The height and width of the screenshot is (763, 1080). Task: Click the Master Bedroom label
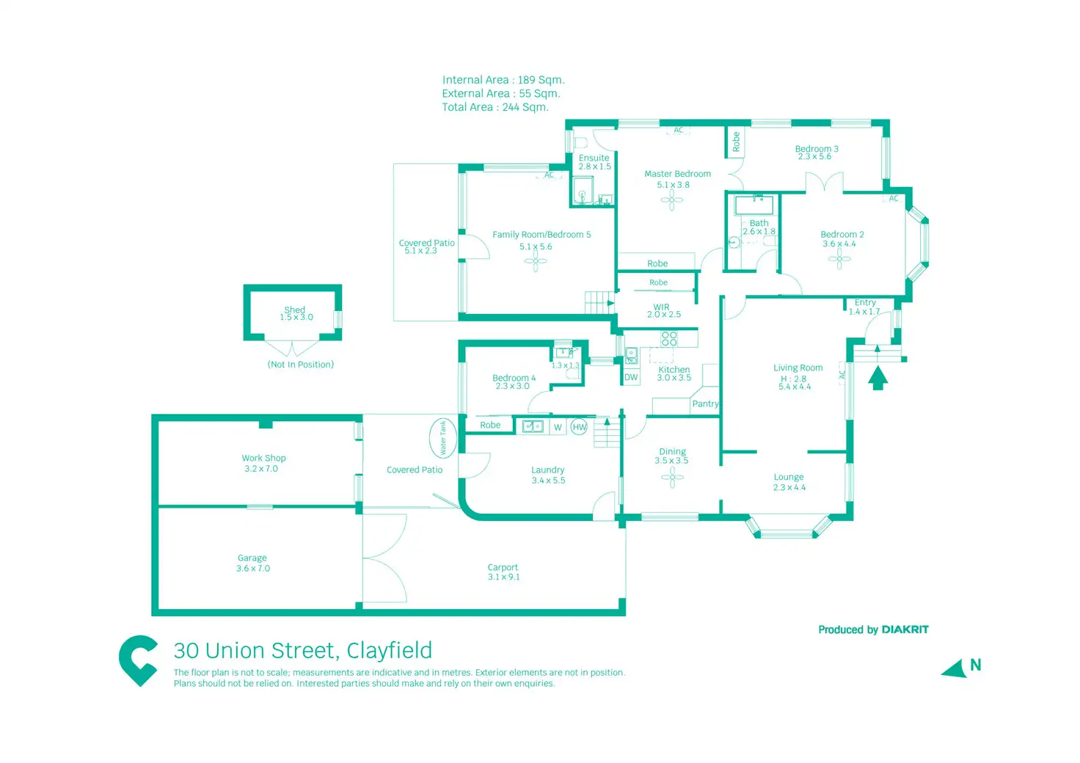click(x=677, y=174)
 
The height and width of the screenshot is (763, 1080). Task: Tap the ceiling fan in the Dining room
click(x=672, y=478)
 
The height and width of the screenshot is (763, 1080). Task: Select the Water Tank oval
click(x=442, y=438)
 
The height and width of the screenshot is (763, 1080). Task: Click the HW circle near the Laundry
click(x=579, y=427)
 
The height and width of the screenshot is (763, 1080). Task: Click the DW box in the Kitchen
click(x=631, y=377)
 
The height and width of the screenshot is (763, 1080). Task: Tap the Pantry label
click(x=705, y=404)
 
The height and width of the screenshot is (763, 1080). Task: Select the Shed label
click(x=294, y=310)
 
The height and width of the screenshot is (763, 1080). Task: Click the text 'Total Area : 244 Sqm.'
click(x=495, y=107)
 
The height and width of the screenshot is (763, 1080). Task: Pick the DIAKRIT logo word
click(x=905, y=629)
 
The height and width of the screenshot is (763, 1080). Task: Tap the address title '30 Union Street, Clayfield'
click(x=302, y=651)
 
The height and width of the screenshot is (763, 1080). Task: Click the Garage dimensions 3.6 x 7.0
click(x=253, y=569)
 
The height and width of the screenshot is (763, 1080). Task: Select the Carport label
click(x=503, y=567)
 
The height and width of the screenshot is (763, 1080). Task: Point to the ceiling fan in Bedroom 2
click(x=839, y=258)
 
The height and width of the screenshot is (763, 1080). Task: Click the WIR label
click(x=661, y=307)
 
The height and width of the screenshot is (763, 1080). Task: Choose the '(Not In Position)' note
click(x=301, y=365)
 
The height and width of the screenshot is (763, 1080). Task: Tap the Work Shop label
click(x=263, y=458)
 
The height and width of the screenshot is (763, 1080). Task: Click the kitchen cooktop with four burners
click(x=669, y=338)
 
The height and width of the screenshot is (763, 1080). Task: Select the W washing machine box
click(x=558, y=427)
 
